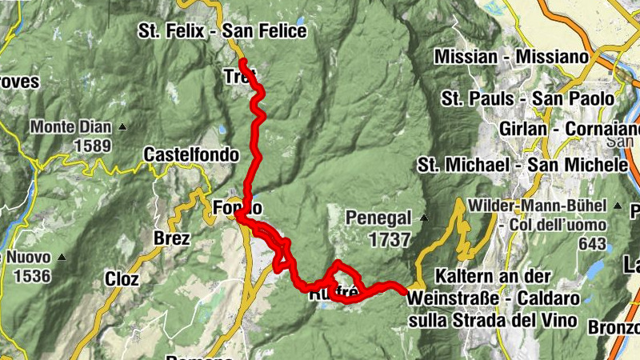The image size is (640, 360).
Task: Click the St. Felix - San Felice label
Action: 222,31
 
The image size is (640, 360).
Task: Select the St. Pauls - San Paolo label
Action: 527,98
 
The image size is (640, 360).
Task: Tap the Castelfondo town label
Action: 191,154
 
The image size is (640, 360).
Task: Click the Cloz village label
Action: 122,279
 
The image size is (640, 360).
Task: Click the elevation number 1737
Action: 390,239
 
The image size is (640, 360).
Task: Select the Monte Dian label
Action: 71,127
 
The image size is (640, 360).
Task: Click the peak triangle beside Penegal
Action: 424,218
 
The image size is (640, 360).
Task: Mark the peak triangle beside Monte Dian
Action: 122,127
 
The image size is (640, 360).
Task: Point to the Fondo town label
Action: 238,208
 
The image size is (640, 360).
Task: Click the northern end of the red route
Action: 242,62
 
